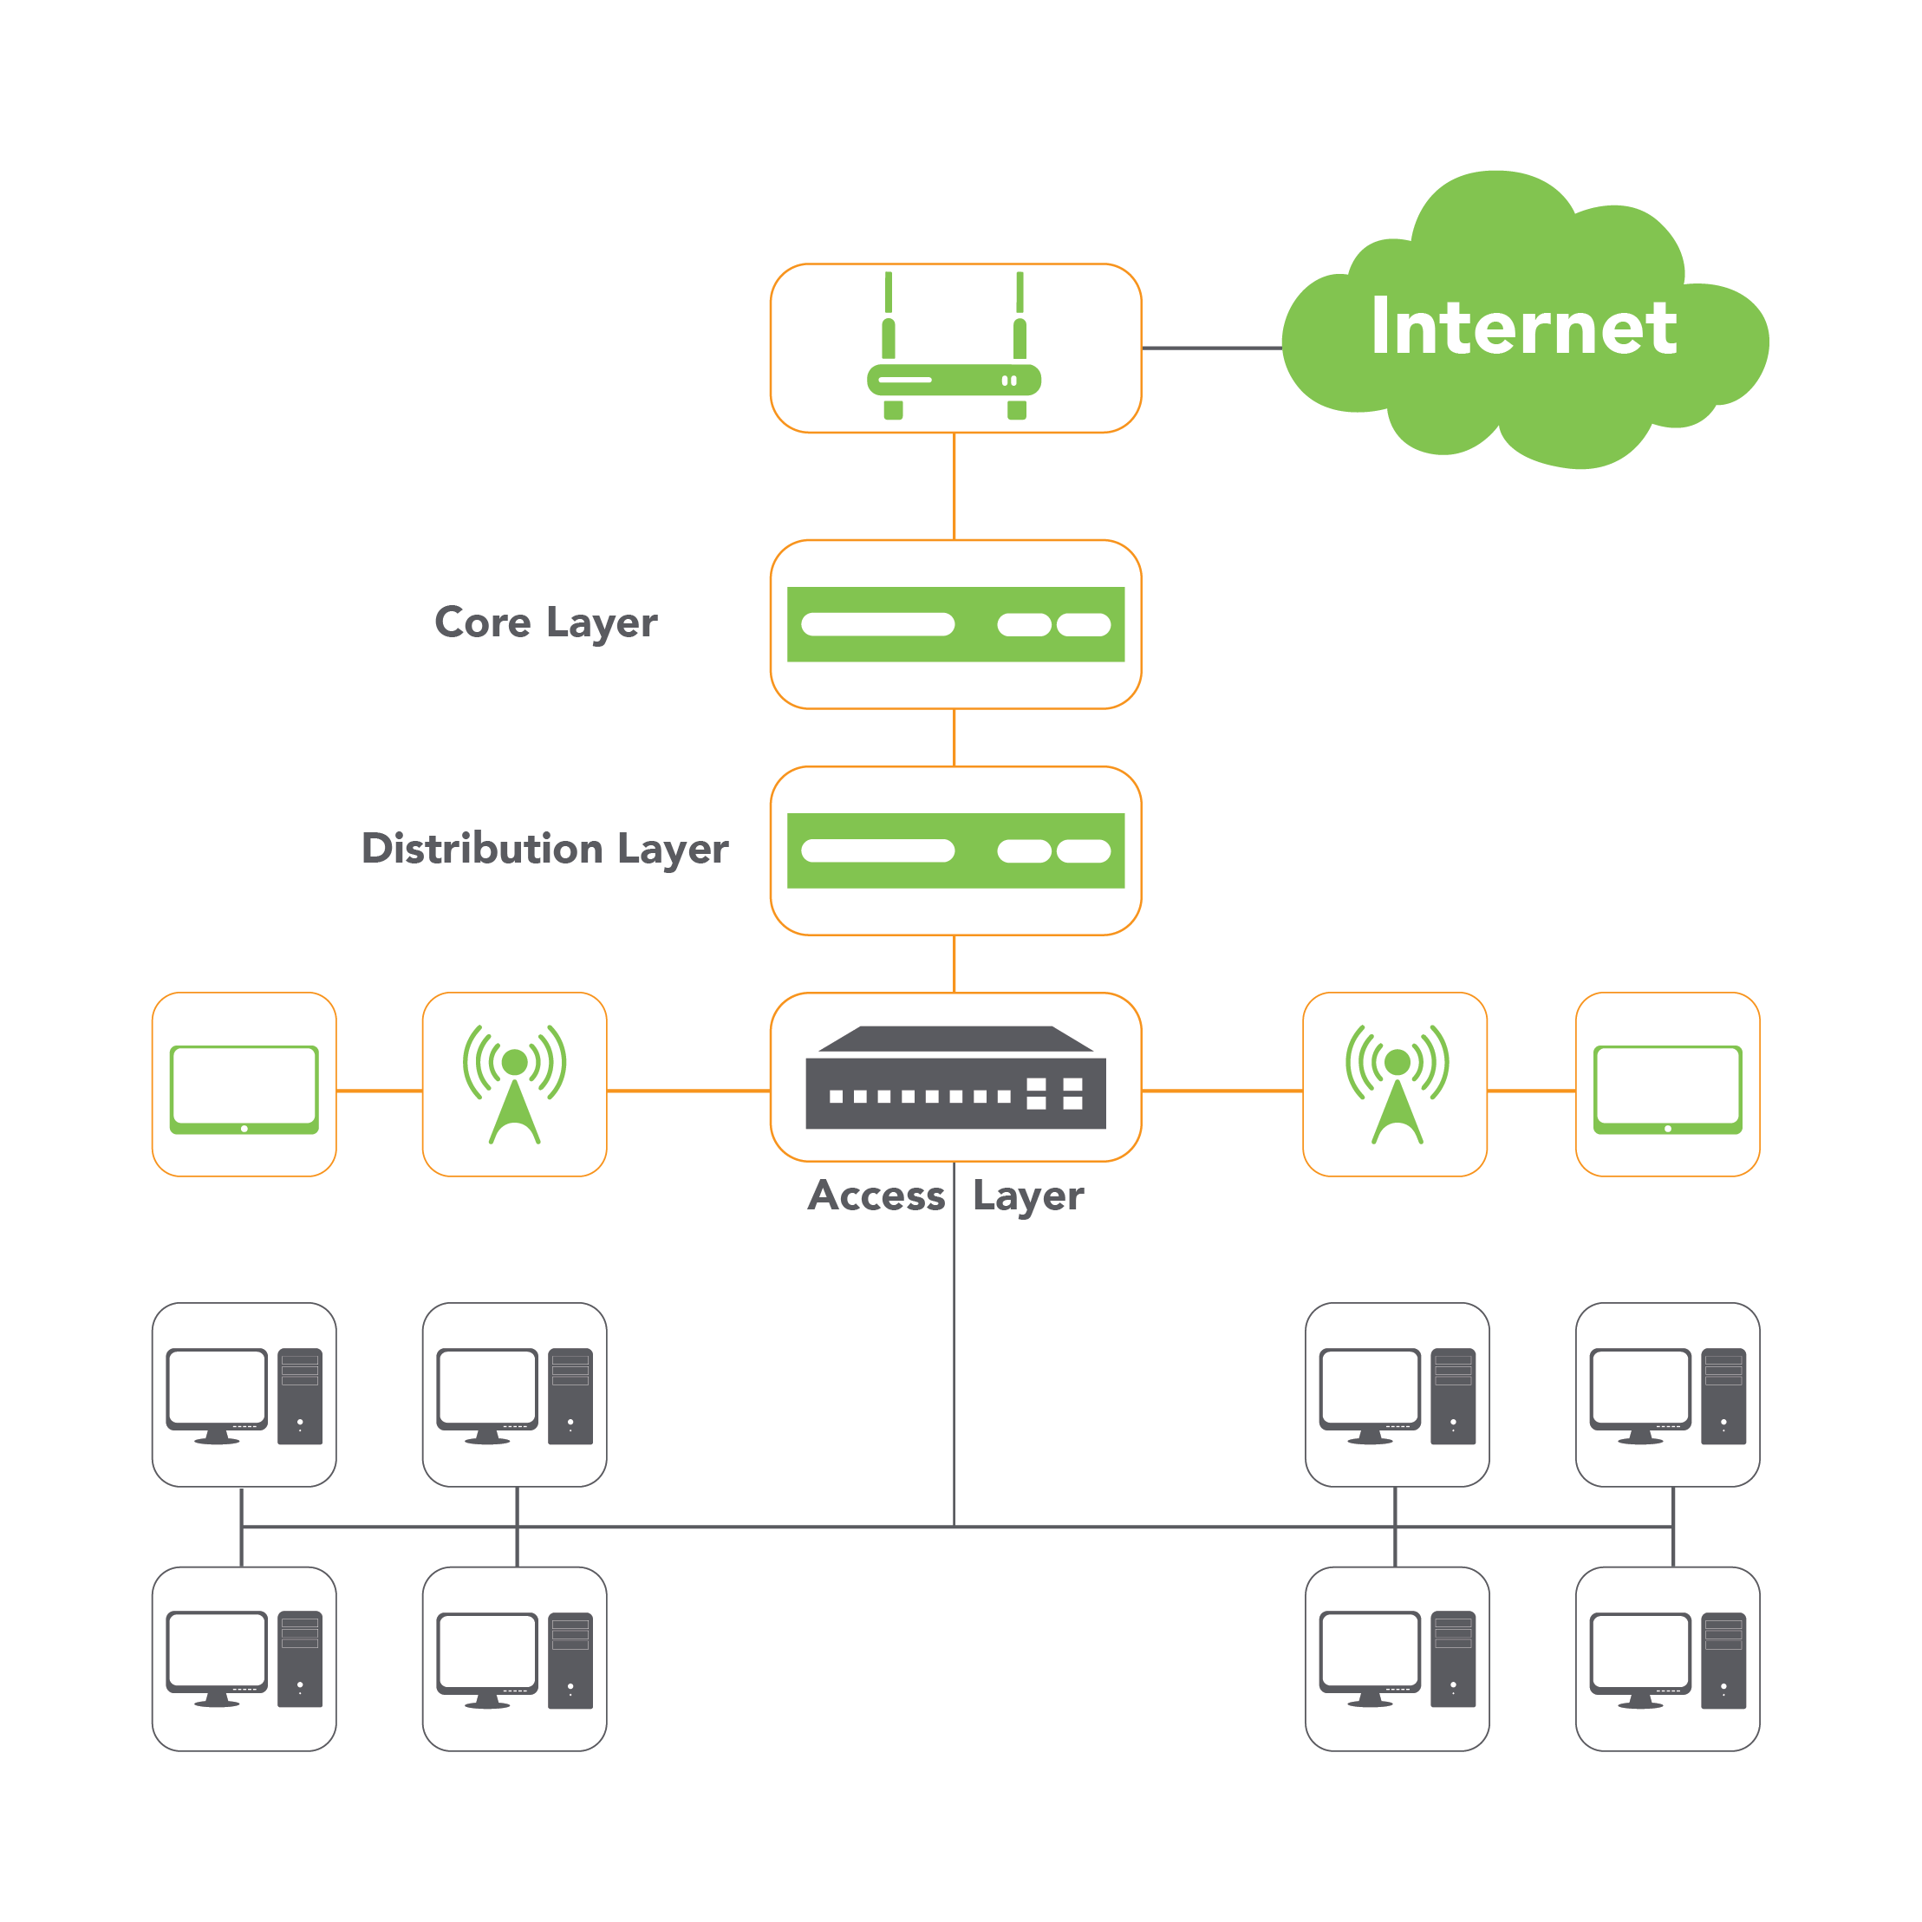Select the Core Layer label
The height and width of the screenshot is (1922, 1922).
[x=545, y=622]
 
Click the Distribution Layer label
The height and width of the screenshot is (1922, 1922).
[x=544, y=849]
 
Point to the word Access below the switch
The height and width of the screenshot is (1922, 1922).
[x=876, y=1196]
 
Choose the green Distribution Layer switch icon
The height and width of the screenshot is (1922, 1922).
[x=955, y=850]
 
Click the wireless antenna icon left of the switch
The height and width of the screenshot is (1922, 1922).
[x=514, y=1085]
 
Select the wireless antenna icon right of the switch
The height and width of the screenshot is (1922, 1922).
[x=1397, y=1085]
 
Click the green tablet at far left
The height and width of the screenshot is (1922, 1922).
[x=244, y=1090]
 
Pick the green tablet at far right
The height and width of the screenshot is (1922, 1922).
[x=1667, y=1090]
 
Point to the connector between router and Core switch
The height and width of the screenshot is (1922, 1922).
[x=955, y=486]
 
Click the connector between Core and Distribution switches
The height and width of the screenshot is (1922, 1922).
[x=955, y=737]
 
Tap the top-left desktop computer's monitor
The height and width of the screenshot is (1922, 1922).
[x=217, y=1389]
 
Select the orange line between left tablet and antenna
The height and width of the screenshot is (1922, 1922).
[x=379, y=1091]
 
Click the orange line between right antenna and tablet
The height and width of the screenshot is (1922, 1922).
[x=1531, y=1091]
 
